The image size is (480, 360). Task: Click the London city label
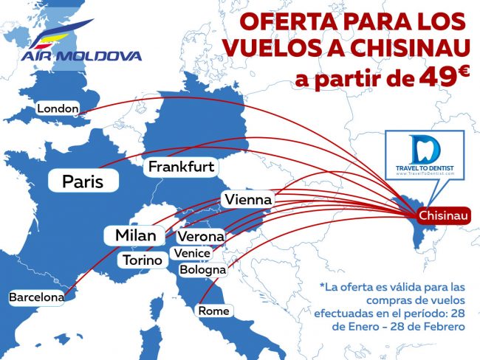[x=58, y=109]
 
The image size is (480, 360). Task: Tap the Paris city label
[x=82, y=181]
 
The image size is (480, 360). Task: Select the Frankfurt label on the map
[x=181, y=167]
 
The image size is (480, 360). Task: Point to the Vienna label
[x=247, y=199]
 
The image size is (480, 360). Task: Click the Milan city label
[x=135, y=235]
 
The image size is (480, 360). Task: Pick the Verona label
[x=200, y=237]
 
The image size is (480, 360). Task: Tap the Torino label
[x=143, y=260]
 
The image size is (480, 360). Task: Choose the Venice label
[x=191, y=253]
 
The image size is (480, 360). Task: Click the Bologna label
[x=202, y=270]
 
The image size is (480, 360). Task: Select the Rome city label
[x=213, y=311]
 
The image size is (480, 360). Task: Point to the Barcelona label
[x=36, y=297]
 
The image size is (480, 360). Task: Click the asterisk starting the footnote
[x=322, y=285]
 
